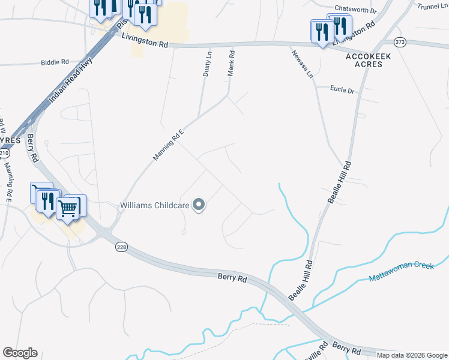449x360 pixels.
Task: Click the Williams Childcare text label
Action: point(154,205)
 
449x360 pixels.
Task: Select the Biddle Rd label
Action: point(56,62)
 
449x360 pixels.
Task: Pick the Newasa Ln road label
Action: point(303,64)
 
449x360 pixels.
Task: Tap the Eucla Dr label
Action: point(343,90)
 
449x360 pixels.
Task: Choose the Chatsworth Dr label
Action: point(355,10)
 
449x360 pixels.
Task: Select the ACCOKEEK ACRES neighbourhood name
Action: point(364,59)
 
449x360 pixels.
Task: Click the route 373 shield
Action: point(400,42)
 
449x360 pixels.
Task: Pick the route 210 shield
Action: point(4,154)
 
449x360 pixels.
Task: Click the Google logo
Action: point(20,353)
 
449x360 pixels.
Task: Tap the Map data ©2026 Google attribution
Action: point(412,355)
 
